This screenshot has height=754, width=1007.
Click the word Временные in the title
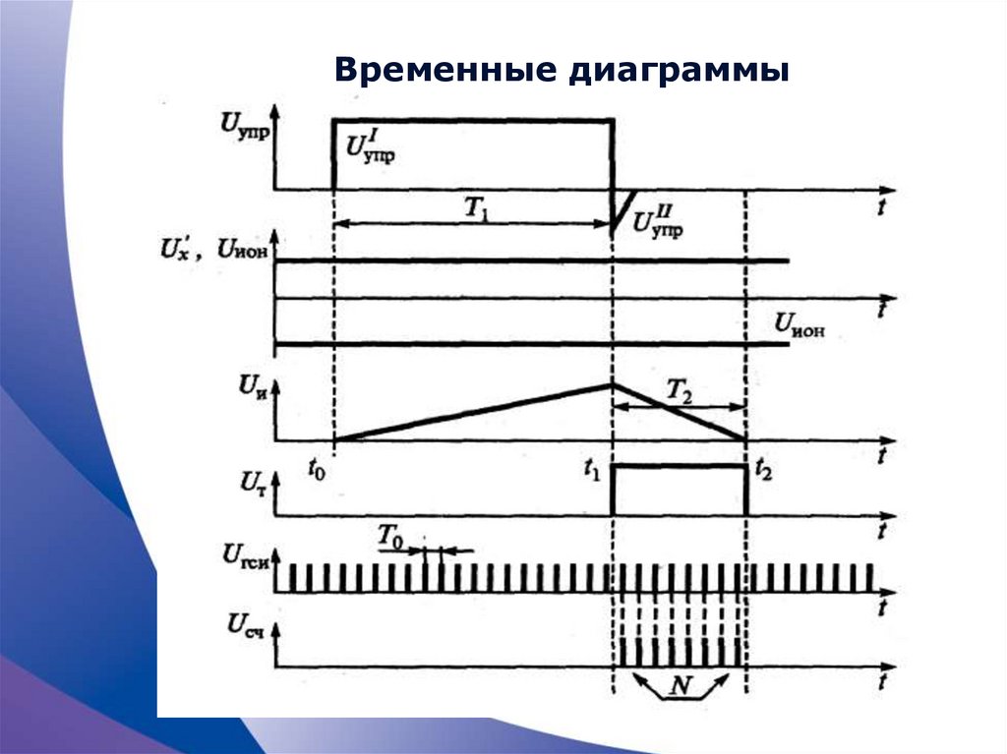pos(443,72)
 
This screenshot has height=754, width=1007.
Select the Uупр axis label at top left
pos(247,126)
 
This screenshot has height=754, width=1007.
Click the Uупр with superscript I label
pos(371,146)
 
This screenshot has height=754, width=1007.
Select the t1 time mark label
pos(590,470)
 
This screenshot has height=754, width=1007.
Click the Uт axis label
pos(252,482)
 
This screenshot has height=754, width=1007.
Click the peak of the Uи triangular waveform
pos(612,383)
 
